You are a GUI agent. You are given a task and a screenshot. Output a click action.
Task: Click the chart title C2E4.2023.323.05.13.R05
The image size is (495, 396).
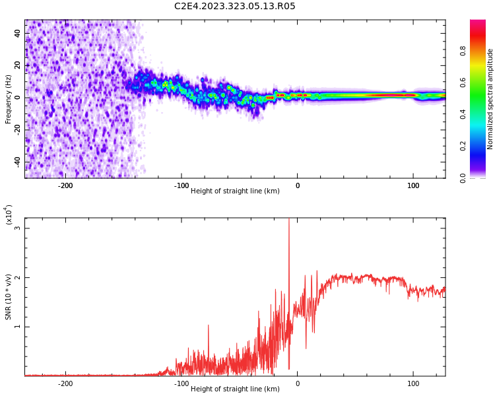[x=235, y=7]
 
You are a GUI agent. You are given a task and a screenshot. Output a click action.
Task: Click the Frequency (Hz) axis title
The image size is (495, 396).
[x=9, y=99]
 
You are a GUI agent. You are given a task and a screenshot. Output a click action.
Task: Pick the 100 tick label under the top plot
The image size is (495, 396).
[x=413, y=185]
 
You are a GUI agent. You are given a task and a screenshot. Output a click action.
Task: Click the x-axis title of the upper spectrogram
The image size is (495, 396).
[x=235, y=191]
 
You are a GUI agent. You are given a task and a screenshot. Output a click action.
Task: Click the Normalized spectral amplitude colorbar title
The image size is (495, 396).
[x=490, y=99]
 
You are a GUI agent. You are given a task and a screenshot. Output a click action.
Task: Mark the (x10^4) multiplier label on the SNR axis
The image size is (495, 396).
[x=9, y=214]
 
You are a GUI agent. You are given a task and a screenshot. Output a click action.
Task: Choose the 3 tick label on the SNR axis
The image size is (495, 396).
[x=18, y=228]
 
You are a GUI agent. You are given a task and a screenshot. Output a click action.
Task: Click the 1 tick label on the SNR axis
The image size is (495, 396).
[x=18, y=327]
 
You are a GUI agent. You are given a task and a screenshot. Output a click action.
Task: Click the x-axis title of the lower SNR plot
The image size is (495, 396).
[x=235, y=389]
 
